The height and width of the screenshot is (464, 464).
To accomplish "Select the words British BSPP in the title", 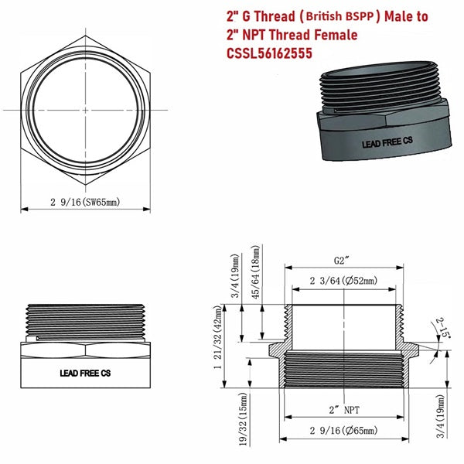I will click(x=339, y=16).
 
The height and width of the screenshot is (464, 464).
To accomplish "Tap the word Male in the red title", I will click(x=409, y=16).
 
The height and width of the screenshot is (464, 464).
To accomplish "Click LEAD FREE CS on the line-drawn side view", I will click(x=85, y=372).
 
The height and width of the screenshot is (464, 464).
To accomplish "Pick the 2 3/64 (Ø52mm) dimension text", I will click(x=343, y=280).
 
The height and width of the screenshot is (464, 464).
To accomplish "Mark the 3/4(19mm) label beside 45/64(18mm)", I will click(x=235, y=278).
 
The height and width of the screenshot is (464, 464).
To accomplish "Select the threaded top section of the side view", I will click(x=85, y=319).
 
